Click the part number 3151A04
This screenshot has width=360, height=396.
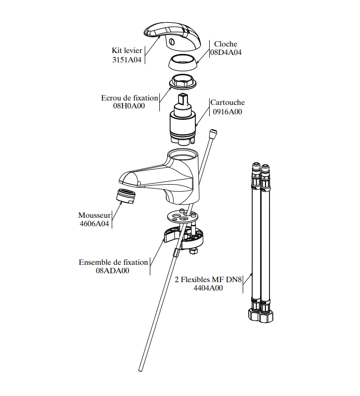click(127, 60)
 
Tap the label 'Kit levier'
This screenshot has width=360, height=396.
click(127, 50)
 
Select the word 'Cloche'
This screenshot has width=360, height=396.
click(225, 44)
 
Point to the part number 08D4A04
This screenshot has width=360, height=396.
click(226, 52)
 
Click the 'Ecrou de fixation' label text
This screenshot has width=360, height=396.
click(130, 98)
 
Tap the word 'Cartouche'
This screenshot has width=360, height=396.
click(227, 102)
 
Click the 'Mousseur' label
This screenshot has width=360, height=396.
click(94, 215)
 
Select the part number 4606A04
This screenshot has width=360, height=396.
click(94, 224)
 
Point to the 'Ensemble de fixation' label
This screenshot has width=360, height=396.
click(113, 262)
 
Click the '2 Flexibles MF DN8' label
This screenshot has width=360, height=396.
click(208, 279)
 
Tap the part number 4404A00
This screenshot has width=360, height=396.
click(208, 288)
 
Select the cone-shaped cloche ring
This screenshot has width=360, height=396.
click(182, 63)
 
